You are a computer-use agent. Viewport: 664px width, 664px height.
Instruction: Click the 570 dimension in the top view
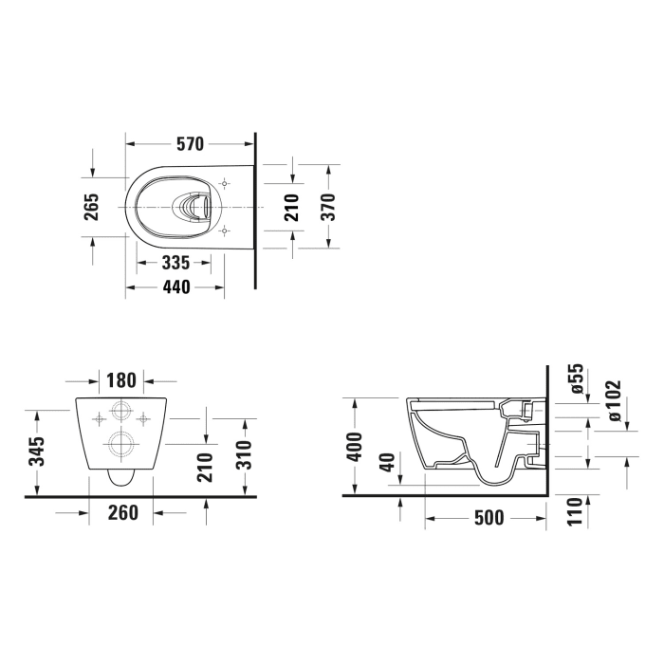coord(190,144)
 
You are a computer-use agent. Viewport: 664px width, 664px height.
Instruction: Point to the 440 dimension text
coord(175,287)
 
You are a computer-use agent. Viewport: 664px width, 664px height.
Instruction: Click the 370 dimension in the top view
coord(327,206)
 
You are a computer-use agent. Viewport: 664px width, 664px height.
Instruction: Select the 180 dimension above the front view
coord(121,380)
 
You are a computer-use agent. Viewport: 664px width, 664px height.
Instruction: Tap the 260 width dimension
coord(123,512)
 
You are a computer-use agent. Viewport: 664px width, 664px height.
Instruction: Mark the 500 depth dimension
coord(488,519)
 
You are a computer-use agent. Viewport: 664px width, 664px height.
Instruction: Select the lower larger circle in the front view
coord(120,443)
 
